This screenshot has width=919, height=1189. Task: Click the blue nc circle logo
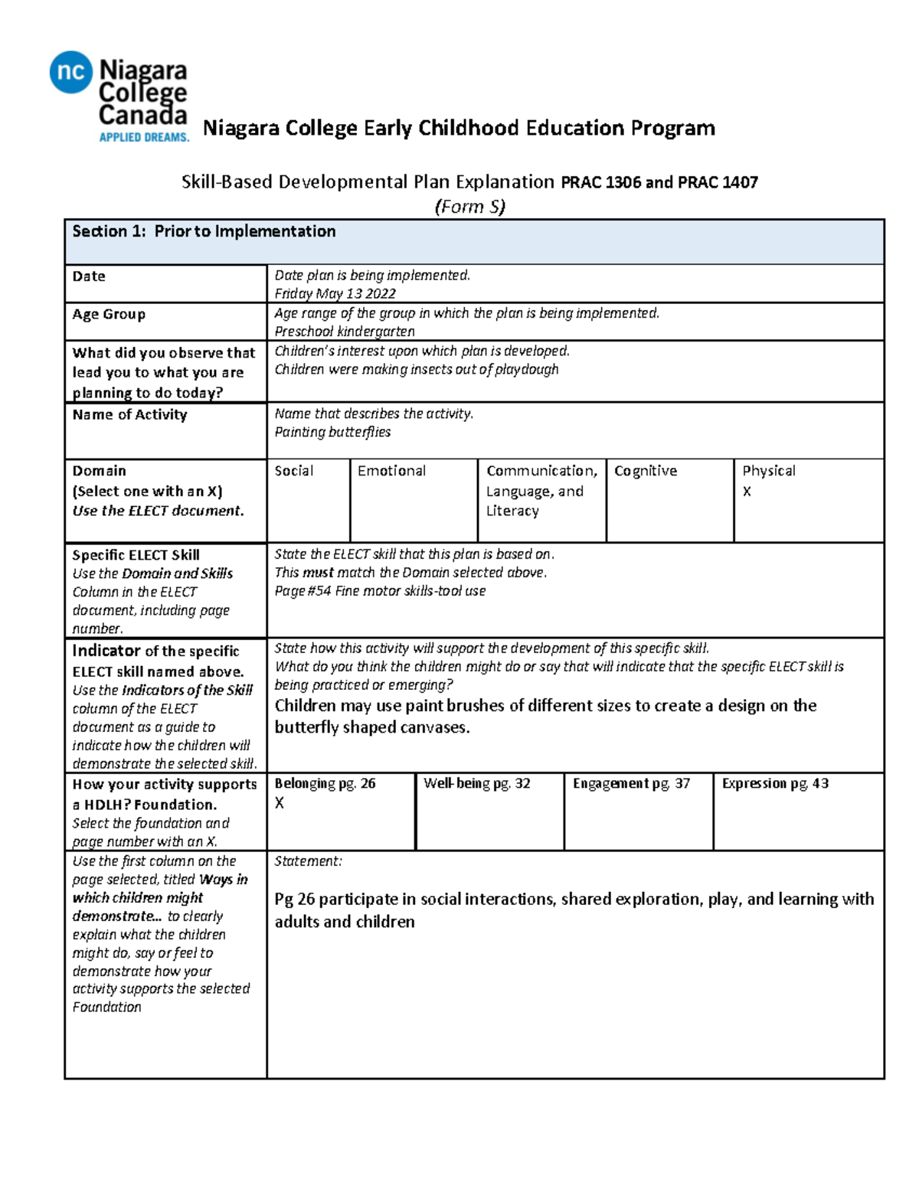(71, 72)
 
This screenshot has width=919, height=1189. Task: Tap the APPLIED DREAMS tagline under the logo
(144, 137)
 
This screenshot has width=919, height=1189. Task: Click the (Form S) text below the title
(469, 207)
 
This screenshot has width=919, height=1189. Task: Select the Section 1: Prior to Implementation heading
(204, 231)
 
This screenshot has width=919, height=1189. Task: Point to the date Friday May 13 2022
(335, 293)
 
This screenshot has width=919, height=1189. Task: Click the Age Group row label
(109, 314)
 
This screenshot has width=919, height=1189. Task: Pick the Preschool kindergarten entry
(345, 332)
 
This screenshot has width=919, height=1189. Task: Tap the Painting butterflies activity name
(332, 432)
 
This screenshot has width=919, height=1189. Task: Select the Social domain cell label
(294, 471)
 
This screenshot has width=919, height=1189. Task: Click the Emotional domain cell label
(391, 471)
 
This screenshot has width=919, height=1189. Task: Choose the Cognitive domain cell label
(646, 471)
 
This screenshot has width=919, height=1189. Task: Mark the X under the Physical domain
(747, 492)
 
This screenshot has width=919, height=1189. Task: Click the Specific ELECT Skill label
(136, 555)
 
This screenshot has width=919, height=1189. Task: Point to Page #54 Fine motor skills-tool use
(380, 591)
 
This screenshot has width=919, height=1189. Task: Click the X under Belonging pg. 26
(280, 803)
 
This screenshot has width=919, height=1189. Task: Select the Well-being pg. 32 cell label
(476, 783)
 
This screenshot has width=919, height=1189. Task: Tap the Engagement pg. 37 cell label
(631, 783)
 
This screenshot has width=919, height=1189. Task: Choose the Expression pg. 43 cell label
(775, 783)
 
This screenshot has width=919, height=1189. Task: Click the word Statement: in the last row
(308, 861)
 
